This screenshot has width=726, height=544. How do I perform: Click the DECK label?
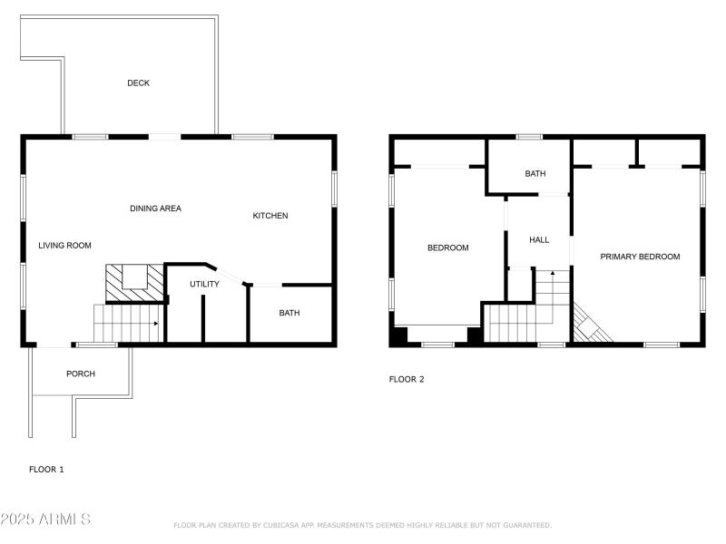click(138, 83)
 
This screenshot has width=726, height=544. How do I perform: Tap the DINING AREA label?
click(155, 209)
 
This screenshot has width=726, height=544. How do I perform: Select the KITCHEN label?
click(270, 216)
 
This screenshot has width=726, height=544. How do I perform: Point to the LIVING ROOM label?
click(64, 246)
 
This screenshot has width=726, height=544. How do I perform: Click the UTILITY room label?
click(204, 285)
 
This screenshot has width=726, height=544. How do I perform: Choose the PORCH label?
click(80, 374)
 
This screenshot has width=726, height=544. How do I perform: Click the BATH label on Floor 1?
click(289, 314)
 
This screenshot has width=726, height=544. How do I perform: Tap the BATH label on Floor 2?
click(535, 174)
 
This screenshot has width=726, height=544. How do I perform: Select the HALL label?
click(539, 240)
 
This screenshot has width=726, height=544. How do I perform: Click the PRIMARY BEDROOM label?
click(640, 257)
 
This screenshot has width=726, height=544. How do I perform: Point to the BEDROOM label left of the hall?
click(447, 248)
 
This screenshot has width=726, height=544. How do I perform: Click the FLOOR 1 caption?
click(46, 470)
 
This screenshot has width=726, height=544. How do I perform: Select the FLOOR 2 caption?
click(407, 380)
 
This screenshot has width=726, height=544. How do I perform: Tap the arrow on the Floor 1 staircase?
click(156, 323)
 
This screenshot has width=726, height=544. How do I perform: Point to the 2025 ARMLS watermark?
click(45, 520)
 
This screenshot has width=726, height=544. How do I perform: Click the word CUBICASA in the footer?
click(283, 525)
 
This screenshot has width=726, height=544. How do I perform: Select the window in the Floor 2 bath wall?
click(529, 137)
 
